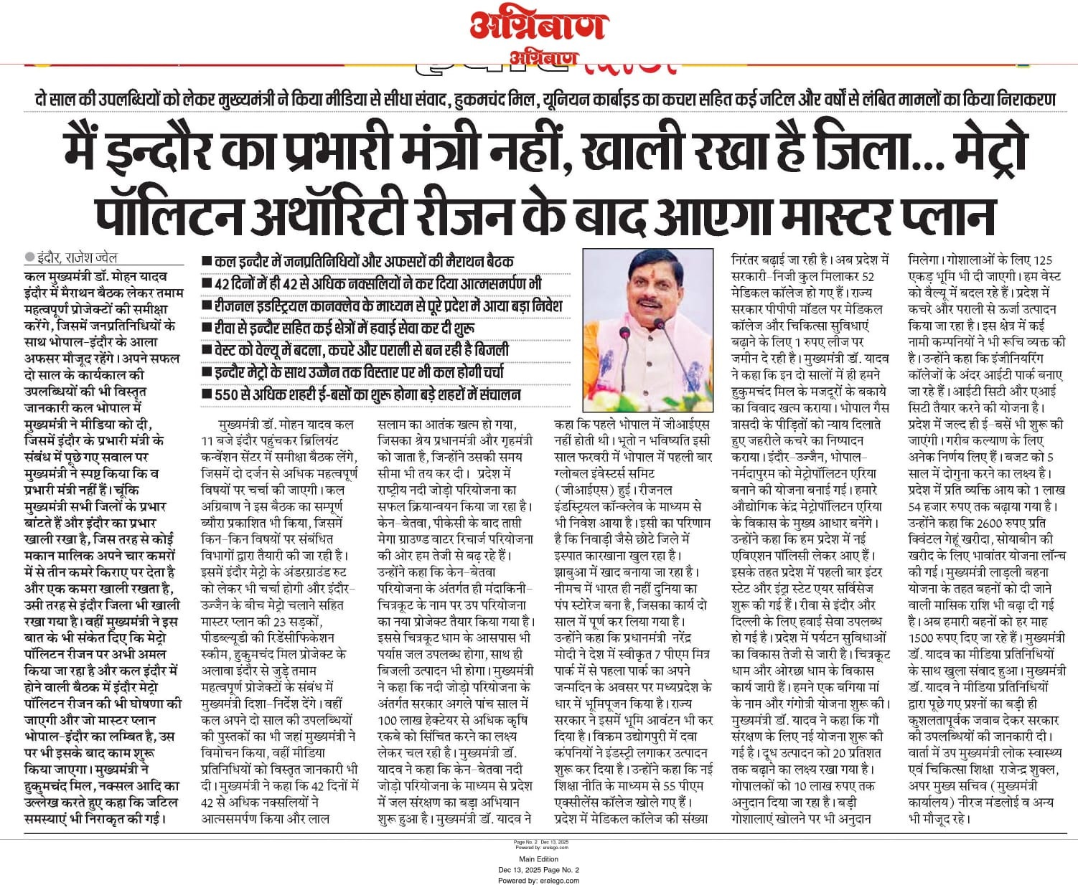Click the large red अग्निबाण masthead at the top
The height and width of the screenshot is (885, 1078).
tap(538, 26)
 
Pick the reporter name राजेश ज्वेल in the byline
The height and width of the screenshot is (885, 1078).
tap(90, 257)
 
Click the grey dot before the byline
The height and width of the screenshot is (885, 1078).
tap(29, 257)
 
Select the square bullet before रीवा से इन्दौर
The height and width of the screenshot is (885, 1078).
tap(207, 328)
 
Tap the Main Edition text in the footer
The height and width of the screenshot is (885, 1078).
tap(538, 859)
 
